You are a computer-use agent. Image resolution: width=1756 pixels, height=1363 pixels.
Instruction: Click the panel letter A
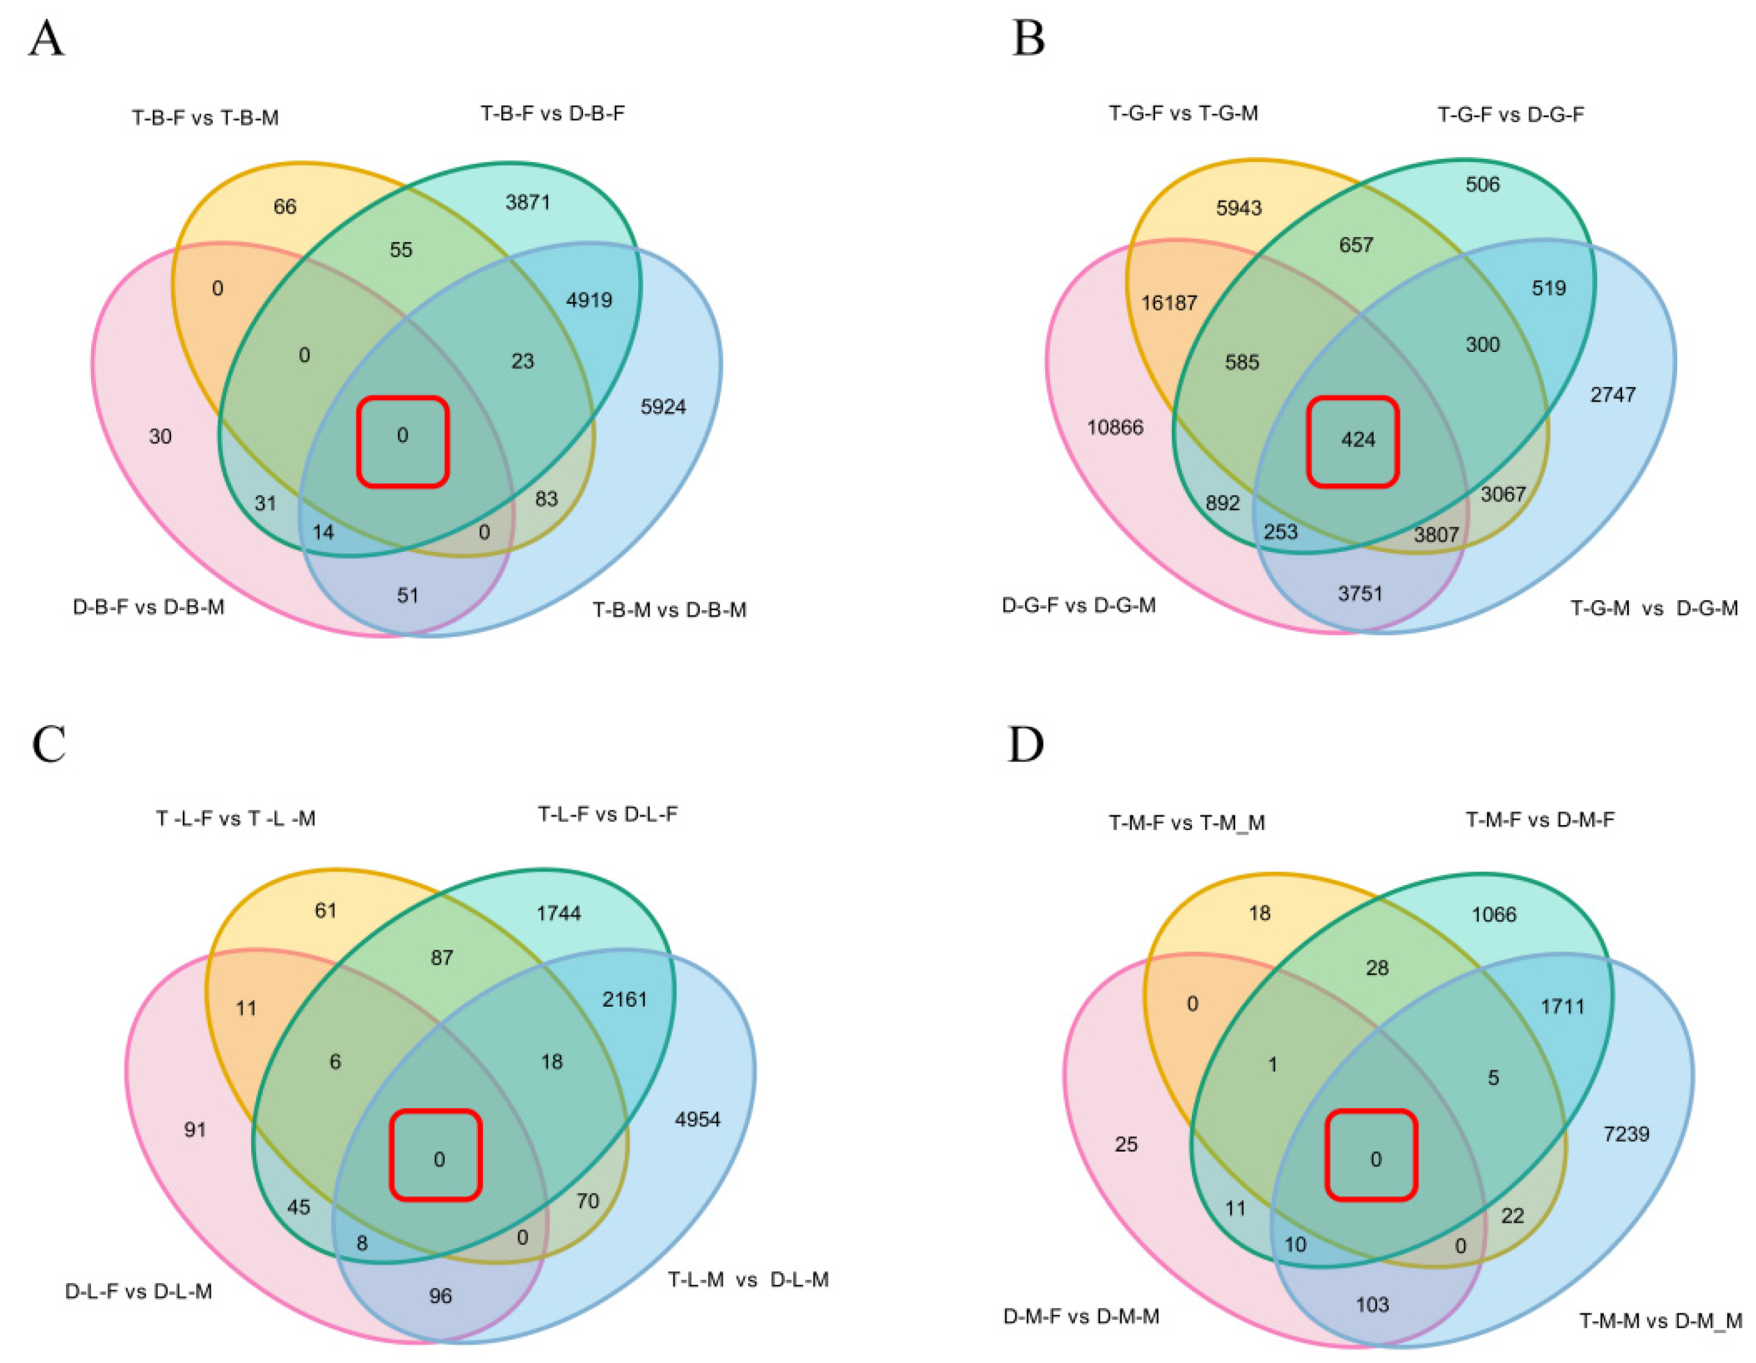46,39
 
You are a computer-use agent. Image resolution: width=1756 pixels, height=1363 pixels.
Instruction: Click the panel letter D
1026,744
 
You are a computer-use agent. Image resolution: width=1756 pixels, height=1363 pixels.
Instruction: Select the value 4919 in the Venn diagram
589,301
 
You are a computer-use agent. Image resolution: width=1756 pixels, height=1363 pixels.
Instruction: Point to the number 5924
663,407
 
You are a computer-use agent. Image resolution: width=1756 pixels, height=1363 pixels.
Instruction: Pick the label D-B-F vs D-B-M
149,607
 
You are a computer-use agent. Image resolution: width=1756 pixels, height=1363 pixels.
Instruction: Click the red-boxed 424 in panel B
1358,440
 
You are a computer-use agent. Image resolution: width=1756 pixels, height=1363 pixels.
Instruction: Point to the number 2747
1612,395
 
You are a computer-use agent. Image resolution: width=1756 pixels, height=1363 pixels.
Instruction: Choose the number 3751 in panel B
1359,593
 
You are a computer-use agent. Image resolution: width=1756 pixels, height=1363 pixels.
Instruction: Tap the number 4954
697,1119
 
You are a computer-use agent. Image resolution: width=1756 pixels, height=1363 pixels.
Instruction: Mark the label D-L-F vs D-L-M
138,1291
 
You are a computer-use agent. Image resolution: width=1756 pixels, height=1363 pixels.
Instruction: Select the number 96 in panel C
440,1295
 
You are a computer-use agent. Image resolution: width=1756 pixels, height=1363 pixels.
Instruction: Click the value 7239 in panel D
1626,1134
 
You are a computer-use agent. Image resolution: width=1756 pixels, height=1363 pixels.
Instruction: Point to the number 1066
1493,914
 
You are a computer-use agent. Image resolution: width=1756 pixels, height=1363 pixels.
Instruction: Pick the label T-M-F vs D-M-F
1539,820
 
